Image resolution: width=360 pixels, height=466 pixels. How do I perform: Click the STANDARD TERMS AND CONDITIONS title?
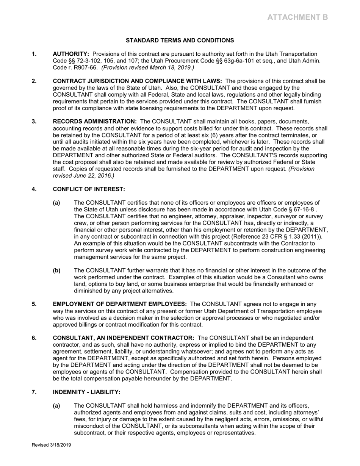(180, 40)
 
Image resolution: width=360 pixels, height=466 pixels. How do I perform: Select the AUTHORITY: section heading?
(71, 54)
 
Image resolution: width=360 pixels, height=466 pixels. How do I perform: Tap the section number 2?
(34, 81)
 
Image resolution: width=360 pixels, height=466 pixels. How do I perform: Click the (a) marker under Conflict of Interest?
(56, 203)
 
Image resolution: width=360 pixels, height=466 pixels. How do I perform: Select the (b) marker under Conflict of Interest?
(56, 271)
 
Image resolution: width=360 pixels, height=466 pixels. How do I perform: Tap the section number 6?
(34, 338)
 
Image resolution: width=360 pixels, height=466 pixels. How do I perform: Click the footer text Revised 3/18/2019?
(51, 445)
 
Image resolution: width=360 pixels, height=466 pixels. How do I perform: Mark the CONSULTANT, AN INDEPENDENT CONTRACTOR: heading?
(124, 338)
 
